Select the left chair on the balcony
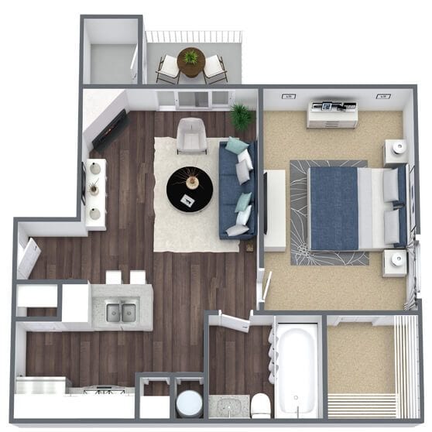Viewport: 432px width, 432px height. (167, 69)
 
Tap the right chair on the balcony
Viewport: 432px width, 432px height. (215, 68)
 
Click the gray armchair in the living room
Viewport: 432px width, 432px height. (191, 135)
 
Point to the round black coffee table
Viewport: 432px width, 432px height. (189, 189)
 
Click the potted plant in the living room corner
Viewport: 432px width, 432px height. (242, 117)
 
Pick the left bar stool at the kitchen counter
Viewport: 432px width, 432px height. (114, 277)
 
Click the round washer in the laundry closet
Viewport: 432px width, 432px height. (189, 404)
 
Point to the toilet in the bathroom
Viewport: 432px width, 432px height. (261, 405)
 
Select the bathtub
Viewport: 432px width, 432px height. (297, 369)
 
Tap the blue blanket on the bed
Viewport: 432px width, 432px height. (334, 207)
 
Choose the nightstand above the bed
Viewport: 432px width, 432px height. (396, 151)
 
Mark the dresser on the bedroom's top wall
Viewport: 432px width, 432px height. (332, 115)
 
